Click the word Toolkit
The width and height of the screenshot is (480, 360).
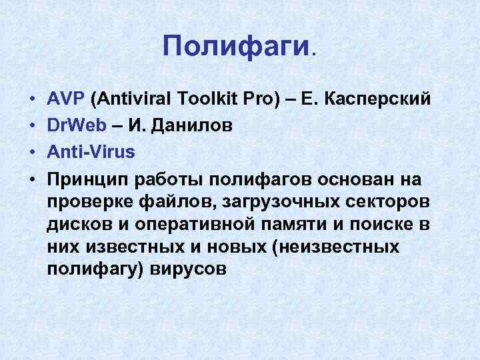point(205,100)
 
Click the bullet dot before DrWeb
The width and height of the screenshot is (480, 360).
point(33,127)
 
